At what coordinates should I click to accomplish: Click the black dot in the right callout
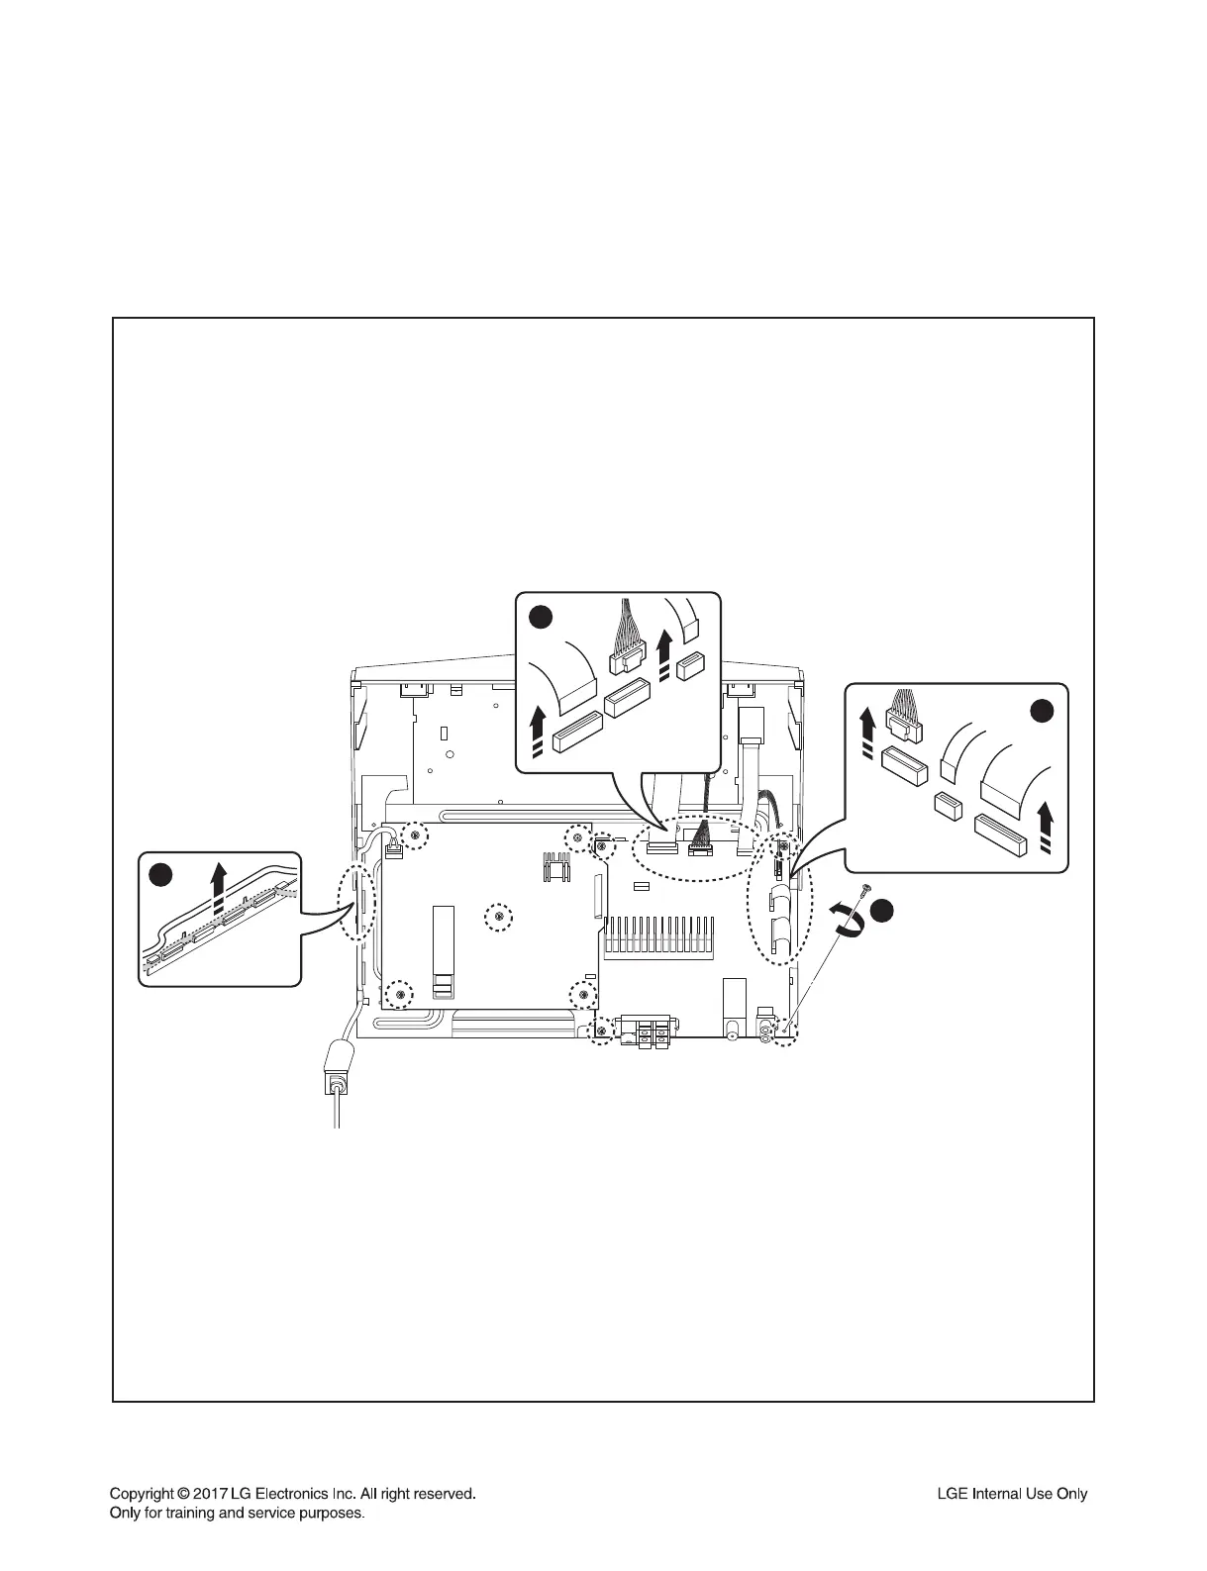click(1043, 710)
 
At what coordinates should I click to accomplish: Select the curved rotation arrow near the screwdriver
click(852, 918)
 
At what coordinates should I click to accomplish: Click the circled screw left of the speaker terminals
click(600, 1033)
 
